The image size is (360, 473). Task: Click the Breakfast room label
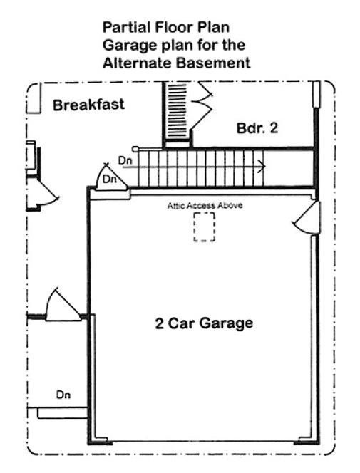coord(88,105)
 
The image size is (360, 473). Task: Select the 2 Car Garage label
coord(204,323)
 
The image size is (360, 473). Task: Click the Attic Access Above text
coord(205,206)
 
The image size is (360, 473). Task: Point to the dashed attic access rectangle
coord(205,229)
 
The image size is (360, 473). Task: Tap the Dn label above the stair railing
coord(125,160)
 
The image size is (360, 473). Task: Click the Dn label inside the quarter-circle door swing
coord(110,180)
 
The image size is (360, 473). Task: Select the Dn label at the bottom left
coord(64,394)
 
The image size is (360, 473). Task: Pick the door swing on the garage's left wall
coord(63,305)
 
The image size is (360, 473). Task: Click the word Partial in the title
coord(125,28)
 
